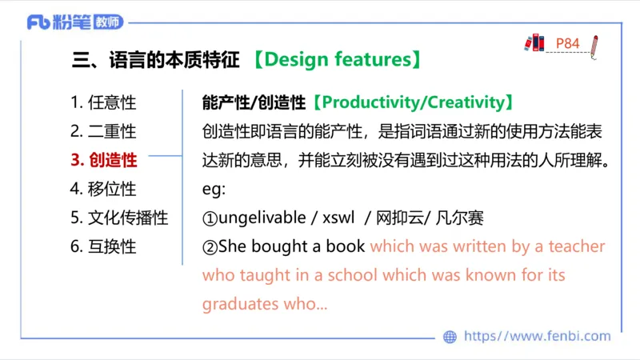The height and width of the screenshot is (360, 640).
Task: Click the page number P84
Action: pos(567,43)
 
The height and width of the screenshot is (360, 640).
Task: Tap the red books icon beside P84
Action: pos(534,42)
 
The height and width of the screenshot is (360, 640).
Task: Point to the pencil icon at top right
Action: pos(594,46)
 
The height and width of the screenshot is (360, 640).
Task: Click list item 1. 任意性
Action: pos(103,102)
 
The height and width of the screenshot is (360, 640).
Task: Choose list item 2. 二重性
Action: pos(103,131)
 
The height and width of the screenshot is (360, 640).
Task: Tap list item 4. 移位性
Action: pos(103,189)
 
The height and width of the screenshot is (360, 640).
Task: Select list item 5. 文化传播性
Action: pos(119,218)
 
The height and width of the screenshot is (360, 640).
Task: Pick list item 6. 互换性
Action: pos(103,246)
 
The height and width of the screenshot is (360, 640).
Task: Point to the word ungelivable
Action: pos(262,218)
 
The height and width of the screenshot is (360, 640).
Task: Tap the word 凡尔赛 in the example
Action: pos(461,218)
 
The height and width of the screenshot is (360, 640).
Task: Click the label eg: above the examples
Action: pos(214,189)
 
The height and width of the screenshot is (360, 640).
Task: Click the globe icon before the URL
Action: pos(450,337)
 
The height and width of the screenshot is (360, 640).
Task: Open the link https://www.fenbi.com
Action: pos(537,337)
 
